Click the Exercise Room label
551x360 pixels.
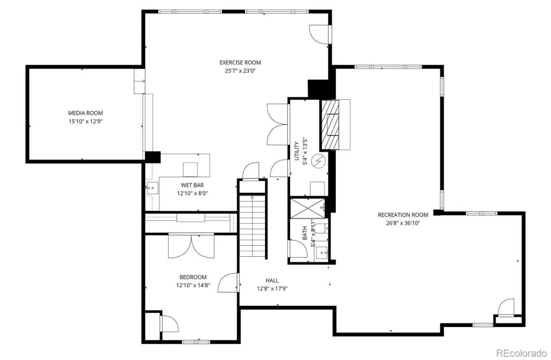[x=240, y=62]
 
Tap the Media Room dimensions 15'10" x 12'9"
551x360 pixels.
[x=85, y=121]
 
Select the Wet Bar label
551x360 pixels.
[x=192, y=185]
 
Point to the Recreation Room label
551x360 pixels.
[x=403, y=215]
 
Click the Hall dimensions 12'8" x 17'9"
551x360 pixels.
[x=272, y=289]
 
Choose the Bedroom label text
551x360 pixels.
[x=193, y=277]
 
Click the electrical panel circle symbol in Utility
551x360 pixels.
[x=318, y=161]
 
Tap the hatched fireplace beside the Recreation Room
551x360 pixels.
[x=330, y=124]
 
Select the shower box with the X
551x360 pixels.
[x=308, y=208]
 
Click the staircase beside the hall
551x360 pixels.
[x=253, y=226]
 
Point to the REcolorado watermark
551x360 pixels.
[x=521, y=354]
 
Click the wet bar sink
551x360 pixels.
[x=152, y=188]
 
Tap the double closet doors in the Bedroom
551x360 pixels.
[x=191, y=246]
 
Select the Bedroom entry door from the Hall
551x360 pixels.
[x=229, y=282]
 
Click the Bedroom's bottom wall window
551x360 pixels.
[x=196, y=342]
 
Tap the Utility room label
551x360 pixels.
[x=297, y=151]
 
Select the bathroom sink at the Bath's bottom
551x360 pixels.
[x=322, y=253]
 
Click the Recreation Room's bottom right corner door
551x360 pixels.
[x=506, y=307]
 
